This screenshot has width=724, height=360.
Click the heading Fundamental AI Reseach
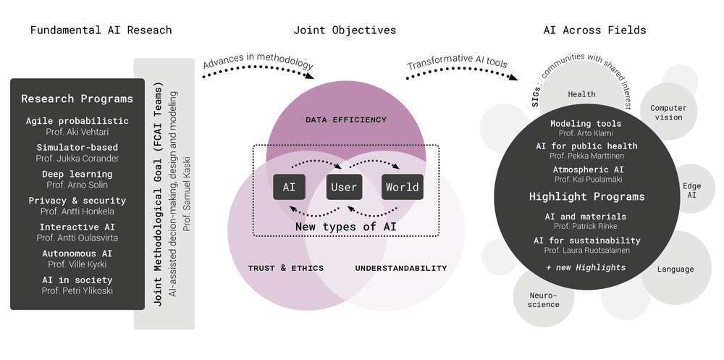pyautogui.click(x=101, y=30)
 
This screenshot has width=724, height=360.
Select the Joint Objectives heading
pyautogui.click(x=345, y=30)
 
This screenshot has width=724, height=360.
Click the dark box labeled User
pyautogui.click(x=344, y=187)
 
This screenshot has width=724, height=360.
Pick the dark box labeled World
pyautogui.click(x=403, y=187)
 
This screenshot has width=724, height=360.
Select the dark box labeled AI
pyautogui.click(x=289, y=187)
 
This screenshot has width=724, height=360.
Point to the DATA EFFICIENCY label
pyautogui.click(x=346, y=120)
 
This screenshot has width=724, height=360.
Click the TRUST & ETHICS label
pyautogui.click(x=286, y=268)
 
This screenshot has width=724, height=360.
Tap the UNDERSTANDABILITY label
pyautogui.click(x=401, y=268)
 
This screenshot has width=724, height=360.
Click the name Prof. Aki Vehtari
pyautogui.click(x=77, y=132)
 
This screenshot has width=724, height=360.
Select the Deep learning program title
pyautogui.click(x=77, y=174)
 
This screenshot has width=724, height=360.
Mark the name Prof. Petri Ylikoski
pyautogui.click(x=77, y=291)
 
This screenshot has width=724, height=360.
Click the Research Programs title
pyautogui.click(x=77, y=99)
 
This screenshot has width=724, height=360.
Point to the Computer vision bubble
pyautogui.click(x=668, y=113)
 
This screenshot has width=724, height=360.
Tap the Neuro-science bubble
pyautogui.click(x=544, y=300)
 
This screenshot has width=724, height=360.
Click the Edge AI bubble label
pyautogui.click(x=691, y=191)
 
